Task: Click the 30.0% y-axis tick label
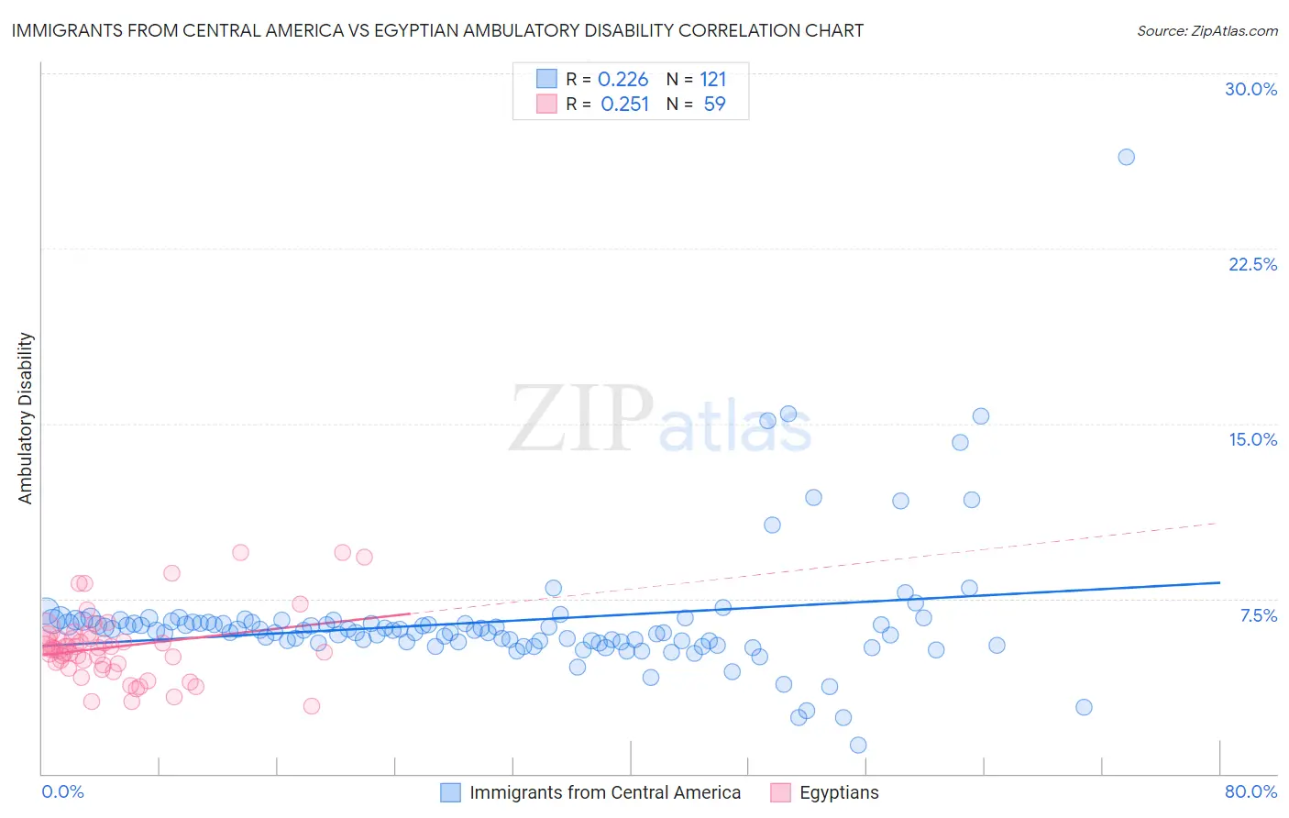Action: pyautogui.click(x=1250, y=89)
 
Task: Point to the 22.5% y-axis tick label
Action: pyautogui.click(x=1252, y=264)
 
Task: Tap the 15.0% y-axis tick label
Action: pyautogui.click(x=1252, y=439)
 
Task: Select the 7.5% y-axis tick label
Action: pyautogui.click(x=1258, y=615)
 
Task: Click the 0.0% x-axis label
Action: pyautogui.click(x=62, y=791)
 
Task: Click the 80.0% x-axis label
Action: pyautogui.click(x=1250, y=791)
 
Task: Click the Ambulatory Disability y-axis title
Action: pyautogui.click(x=26, y=417)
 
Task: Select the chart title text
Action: pyautogui.click(x=437, y=30)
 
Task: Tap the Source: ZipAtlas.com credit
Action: pyautogui.click(x=1206, y=30)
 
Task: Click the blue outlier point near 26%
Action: pyautogui.click(x=1126, y=157)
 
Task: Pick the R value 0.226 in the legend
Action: pyautogui.click(x=622, y=80)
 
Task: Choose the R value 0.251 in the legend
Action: pyautogui.click(x=624, y=105)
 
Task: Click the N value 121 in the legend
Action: pyautogui.click(x=712, y=80)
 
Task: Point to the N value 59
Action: pyautogui.click(x=714, y=105)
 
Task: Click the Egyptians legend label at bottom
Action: pyautogui.click(x=838, y=792)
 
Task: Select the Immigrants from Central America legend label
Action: pyautogui.click(x=605, y=792)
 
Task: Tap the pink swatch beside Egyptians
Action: pyautogui.click(x=780, y=792)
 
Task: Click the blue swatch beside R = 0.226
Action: pyautogui.click(x=546, y=79)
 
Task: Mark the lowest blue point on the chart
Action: pyautogui.click(x=858, y=745)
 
